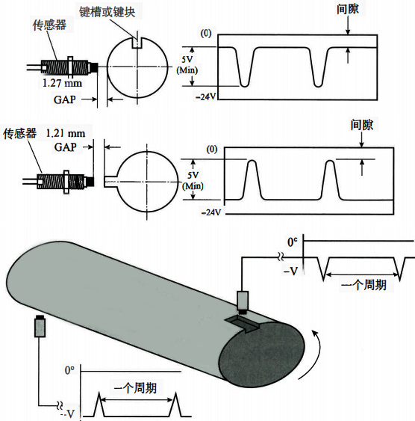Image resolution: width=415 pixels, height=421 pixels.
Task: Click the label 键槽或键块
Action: click(107, 12)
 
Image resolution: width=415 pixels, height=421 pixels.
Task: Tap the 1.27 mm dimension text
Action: click(62, 83)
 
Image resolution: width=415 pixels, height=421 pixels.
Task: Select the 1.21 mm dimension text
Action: click(66, 133)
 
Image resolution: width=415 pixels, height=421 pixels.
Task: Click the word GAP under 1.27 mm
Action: click(65, 99)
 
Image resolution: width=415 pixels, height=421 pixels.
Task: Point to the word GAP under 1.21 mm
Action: click(66, 147)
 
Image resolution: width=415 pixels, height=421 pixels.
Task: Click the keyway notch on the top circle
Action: click(137, 43)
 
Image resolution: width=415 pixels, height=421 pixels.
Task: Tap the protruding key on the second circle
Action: click(110, 181)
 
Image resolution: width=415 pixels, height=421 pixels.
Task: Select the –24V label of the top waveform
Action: click(206, 96)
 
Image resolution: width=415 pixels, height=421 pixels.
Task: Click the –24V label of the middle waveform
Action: click(211, 212)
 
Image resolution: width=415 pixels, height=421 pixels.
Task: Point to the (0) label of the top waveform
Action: click(206, 34)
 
